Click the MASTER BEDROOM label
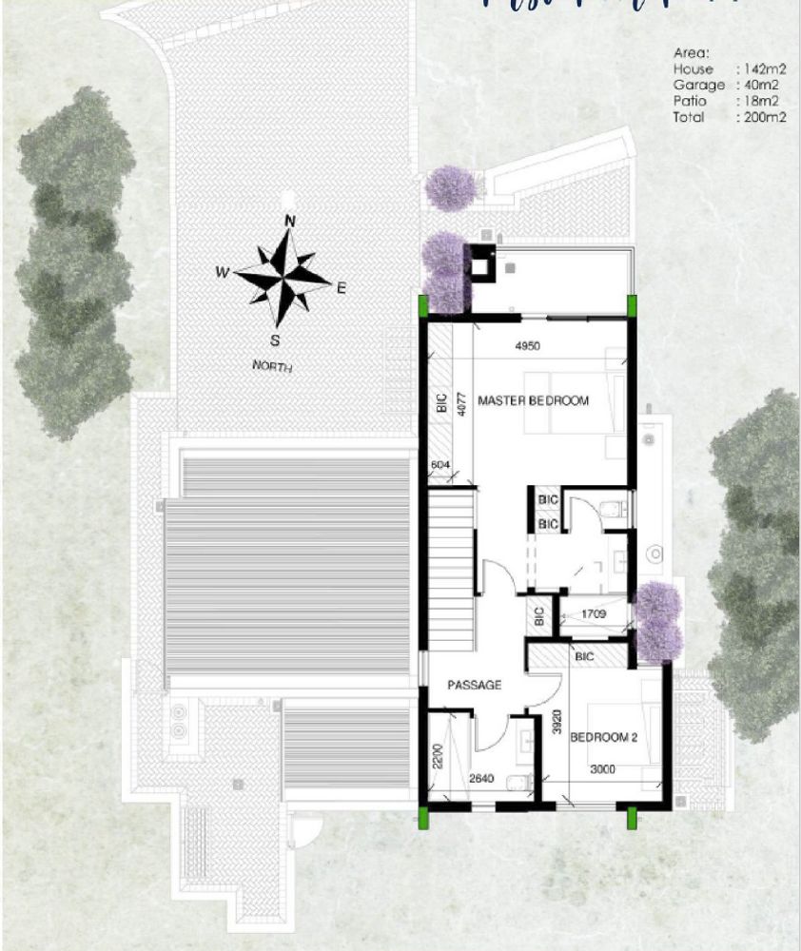(533, 400)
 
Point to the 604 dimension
(440, 464)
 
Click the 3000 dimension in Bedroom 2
(603, 769)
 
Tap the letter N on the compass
(290, 222)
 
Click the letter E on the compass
(342, 286)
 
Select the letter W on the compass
(221, 272)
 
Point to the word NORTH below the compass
(273, 366)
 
